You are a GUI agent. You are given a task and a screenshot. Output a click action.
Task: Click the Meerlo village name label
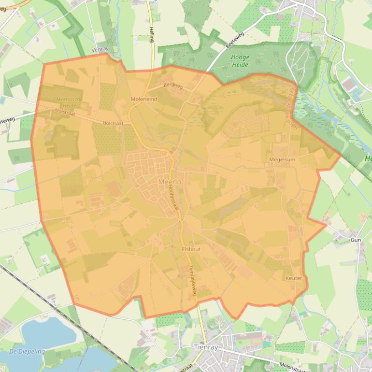tap(169, 182)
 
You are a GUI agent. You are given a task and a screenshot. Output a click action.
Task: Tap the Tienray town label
tap(205, 347)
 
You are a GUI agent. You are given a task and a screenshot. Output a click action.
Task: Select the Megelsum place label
tap(282, 159)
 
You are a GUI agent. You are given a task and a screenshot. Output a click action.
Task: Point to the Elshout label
tap(191, 249)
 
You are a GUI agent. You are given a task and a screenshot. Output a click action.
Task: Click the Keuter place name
tap(294, 278)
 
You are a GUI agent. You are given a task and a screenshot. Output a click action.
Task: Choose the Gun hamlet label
tap(356, 240)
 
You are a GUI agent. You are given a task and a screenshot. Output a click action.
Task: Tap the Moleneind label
tap(144, 99)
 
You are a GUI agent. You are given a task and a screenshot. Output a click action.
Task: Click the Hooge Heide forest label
tap(240, 60)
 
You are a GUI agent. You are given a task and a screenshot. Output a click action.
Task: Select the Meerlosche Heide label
tap(70, 102)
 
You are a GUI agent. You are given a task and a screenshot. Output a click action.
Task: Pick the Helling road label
tap(151, 34)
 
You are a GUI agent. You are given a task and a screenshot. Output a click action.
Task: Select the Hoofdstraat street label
tap(174, 198)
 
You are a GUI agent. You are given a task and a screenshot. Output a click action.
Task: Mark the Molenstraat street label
tap(295, 366)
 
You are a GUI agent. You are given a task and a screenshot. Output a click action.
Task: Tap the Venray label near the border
tap(100, 50)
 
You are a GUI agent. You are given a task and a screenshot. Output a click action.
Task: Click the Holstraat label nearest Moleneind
tap(113, 123)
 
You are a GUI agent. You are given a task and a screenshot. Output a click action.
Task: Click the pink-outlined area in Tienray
tap(257, 342)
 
